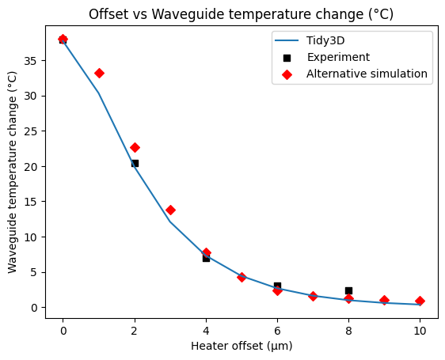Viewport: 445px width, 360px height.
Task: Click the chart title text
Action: (x=241, y=15)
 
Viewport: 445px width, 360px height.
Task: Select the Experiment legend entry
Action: (x=338, y=57)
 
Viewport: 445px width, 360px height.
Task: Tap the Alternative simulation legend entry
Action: (x=367, y=74)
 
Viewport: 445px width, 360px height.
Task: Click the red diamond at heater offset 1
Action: (x=99, y=73)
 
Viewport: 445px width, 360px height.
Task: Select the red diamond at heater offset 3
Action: (x=170, y=210)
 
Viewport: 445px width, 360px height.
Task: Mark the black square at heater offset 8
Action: (x=348, y=290)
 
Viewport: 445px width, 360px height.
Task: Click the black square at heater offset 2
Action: (x=135, y=163)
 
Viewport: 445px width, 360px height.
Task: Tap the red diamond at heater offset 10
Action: (x=420, y=301)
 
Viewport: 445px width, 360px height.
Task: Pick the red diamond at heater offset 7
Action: (x=313, y=296)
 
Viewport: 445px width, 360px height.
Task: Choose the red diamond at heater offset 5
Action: (x=242, y=277)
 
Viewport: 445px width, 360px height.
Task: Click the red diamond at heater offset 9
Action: (x=384, y=300)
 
